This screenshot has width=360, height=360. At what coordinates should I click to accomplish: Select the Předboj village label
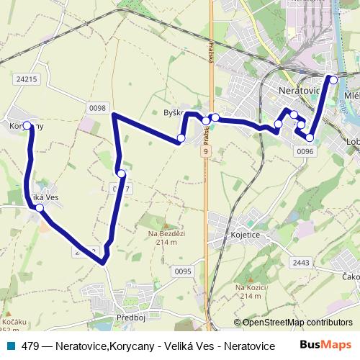pyautogui.click(x=132, y=317)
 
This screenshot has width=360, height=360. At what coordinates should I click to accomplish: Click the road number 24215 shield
pyautogui.click(x=25, y=79)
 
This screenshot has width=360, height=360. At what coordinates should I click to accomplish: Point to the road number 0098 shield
pyautogui.click(x=98, y=108)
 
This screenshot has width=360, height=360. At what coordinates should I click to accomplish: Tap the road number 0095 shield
pyautogui.click(x=183, y=271)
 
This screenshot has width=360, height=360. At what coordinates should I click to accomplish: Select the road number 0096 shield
pyautogui.click(x=305, y=151)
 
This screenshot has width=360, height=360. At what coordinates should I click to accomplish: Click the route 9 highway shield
pyautogui.click(x=206, y=152)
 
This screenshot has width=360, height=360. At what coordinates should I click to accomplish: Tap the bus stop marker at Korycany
pyautogui.click(x=28, y=125)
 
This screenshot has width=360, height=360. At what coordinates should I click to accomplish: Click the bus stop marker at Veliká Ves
pyautogui.click(x=40, y=208)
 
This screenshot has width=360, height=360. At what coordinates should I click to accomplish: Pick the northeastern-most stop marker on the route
pyautogui.click(x=333, y=79)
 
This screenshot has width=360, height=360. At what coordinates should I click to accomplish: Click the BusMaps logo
pyautogui.click(x=327, y=344)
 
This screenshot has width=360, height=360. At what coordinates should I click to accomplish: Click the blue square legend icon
pyautogui.click(x=10, y=345)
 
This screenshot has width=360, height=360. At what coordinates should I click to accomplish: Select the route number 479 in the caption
pyautogui.click(x=30, y=346)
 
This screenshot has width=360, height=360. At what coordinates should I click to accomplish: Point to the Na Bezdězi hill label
pyautogui.click(x=166, y=237)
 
